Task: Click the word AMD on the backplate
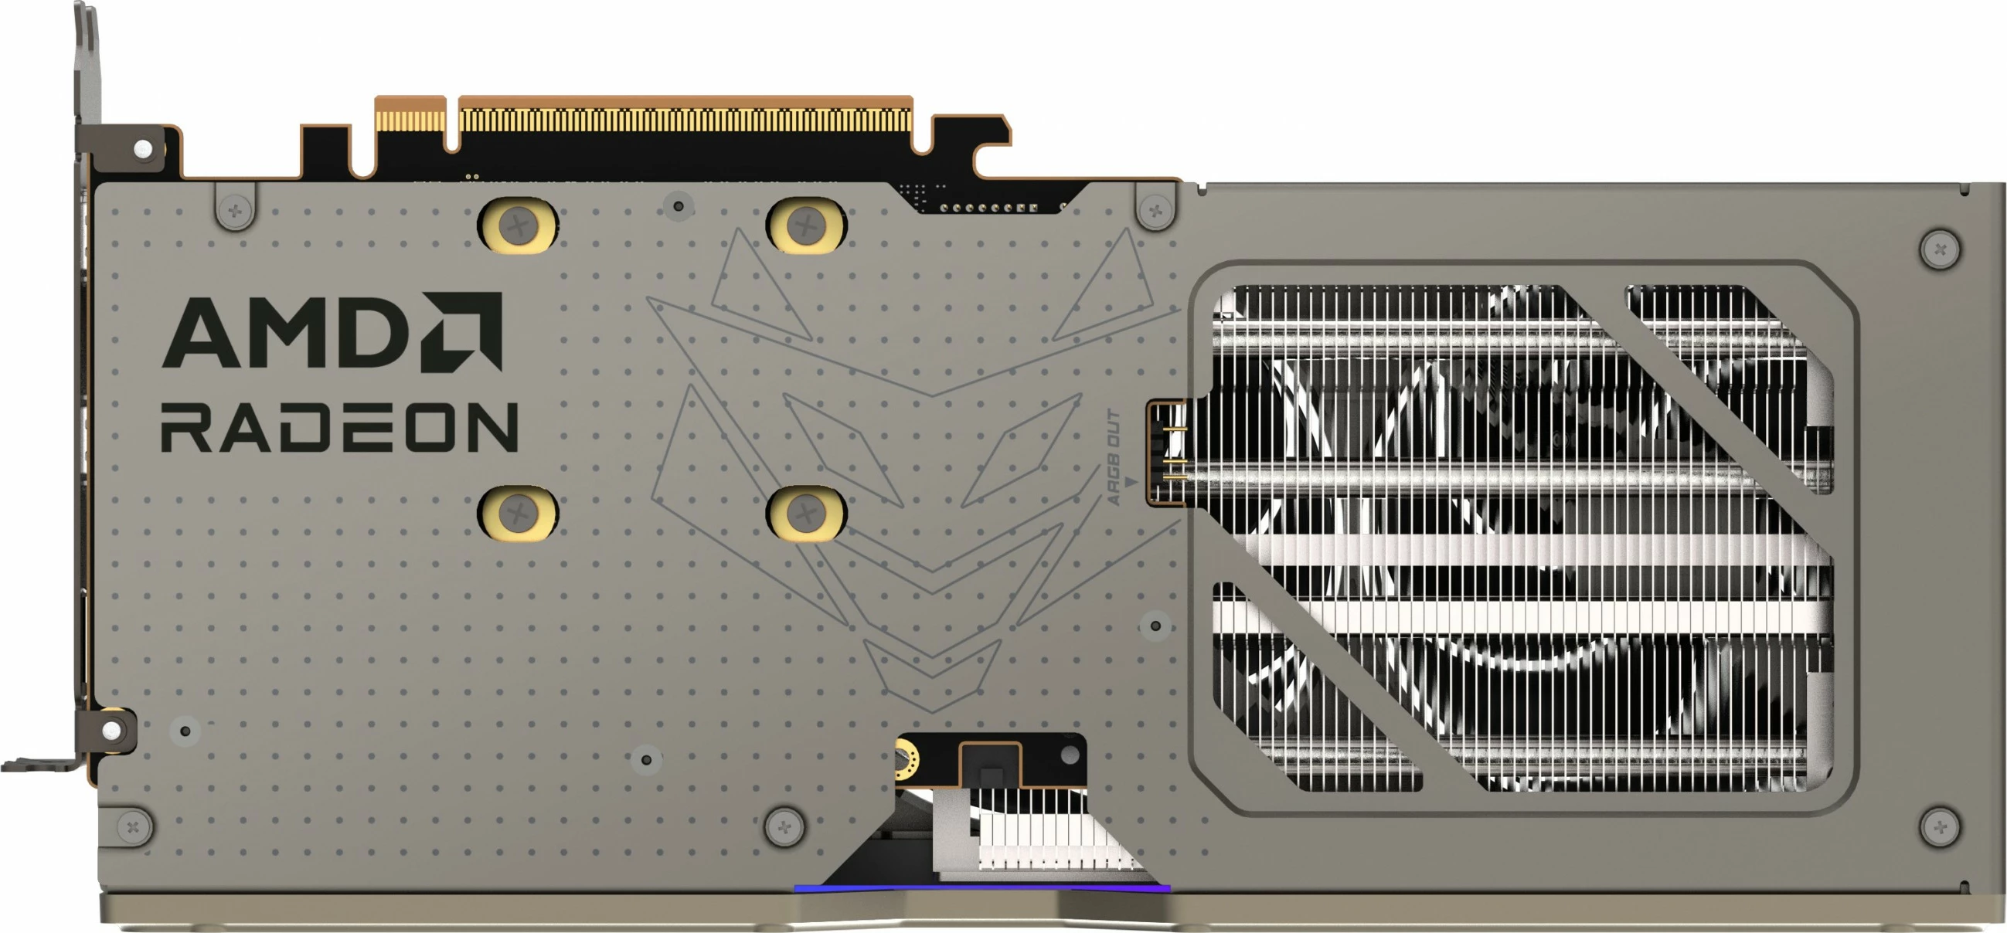tap(288, 333)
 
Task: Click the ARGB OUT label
tap(1114, 457)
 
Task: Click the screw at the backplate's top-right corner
tap(1940, 250)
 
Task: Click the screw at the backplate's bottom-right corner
tap(1940, 826)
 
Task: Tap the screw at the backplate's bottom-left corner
tap(133, 826)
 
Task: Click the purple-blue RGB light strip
tap(981, 888)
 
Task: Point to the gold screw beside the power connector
tap(905, 763)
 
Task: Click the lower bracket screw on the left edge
tap(112, 730)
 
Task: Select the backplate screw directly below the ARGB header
tap(1155, 626)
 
